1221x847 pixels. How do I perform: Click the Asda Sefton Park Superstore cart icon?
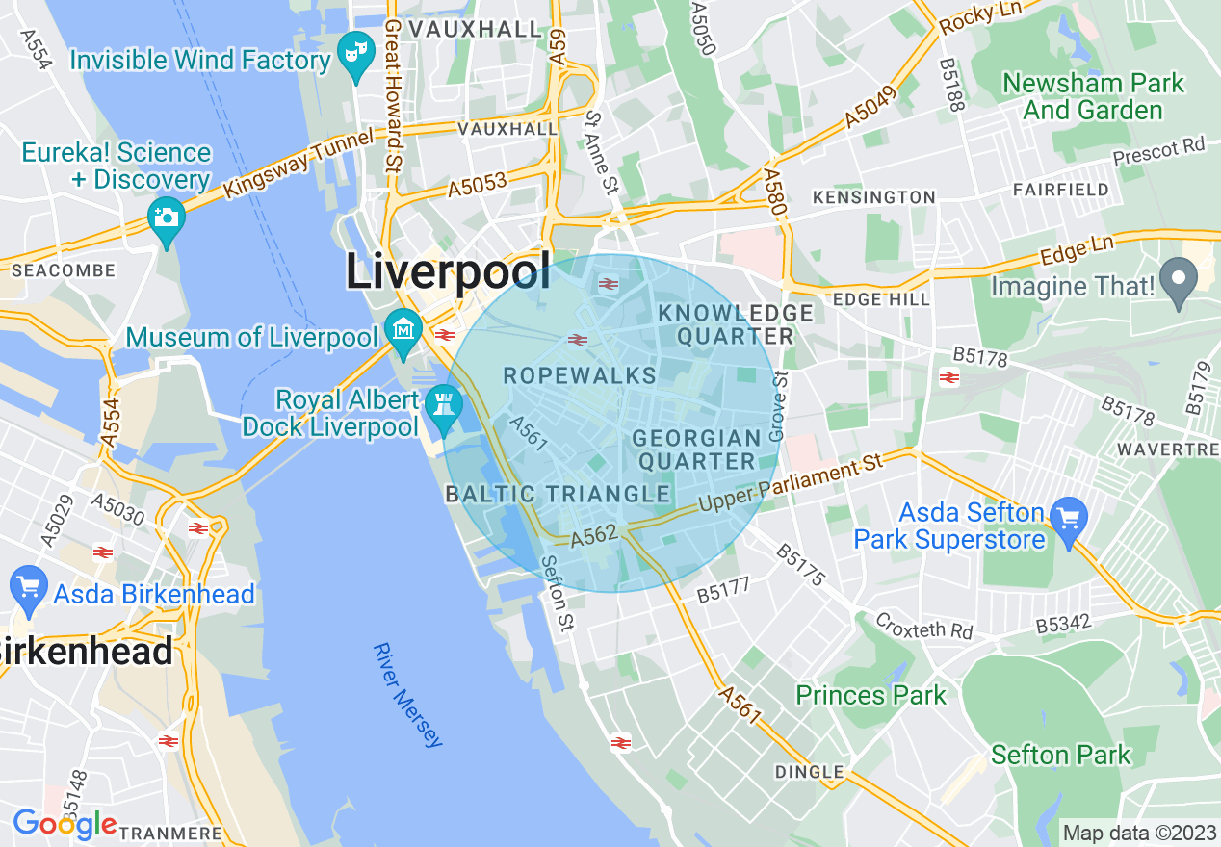pos(1068,520)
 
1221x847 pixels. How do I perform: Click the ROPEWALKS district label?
pos(580,376)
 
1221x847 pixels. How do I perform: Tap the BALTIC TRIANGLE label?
pos(558,495)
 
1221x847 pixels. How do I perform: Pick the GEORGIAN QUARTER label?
pos(694,449)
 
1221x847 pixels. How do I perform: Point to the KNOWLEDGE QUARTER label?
pos(736,324)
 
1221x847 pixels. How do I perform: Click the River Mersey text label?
pos(409,694)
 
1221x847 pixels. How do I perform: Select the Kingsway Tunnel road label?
pos(298,166)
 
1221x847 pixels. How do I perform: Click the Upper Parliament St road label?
pos(791,486)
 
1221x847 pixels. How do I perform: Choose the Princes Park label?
pos(870,695)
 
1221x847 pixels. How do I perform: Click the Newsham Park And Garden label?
pos(1093,96)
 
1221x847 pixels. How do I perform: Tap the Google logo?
pos(65,824)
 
